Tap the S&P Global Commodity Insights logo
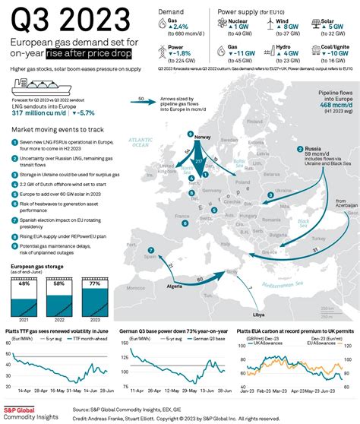point(30,412)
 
